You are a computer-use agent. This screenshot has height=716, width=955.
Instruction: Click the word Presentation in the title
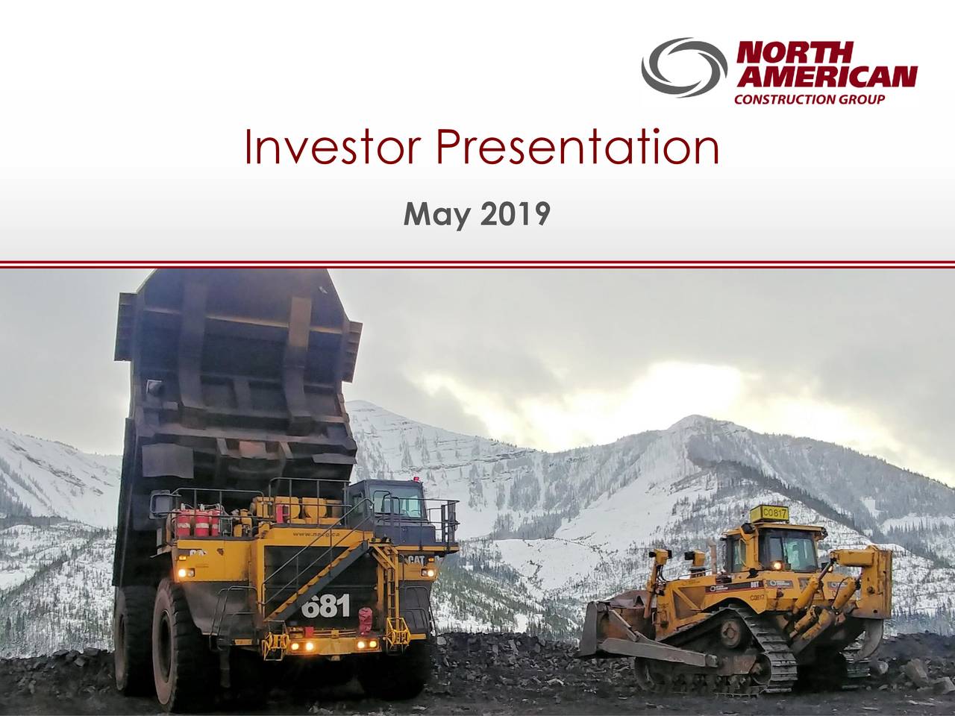[578, 148]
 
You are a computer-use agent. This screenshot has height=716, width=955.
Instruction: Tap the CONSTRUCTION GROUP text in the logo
[810, 100]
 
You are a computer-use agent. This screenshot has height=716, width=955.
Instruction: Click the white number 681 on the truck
[326, 606]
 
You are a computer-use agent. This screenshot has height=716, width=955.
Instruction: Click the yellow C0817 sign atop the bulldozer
[768, 513]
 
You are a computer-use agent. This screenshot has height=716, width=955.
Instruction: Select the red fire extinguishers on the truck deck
[198, 521]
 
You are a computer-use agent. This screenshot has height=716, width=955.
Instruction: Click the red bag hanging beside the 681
[366, 619]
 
